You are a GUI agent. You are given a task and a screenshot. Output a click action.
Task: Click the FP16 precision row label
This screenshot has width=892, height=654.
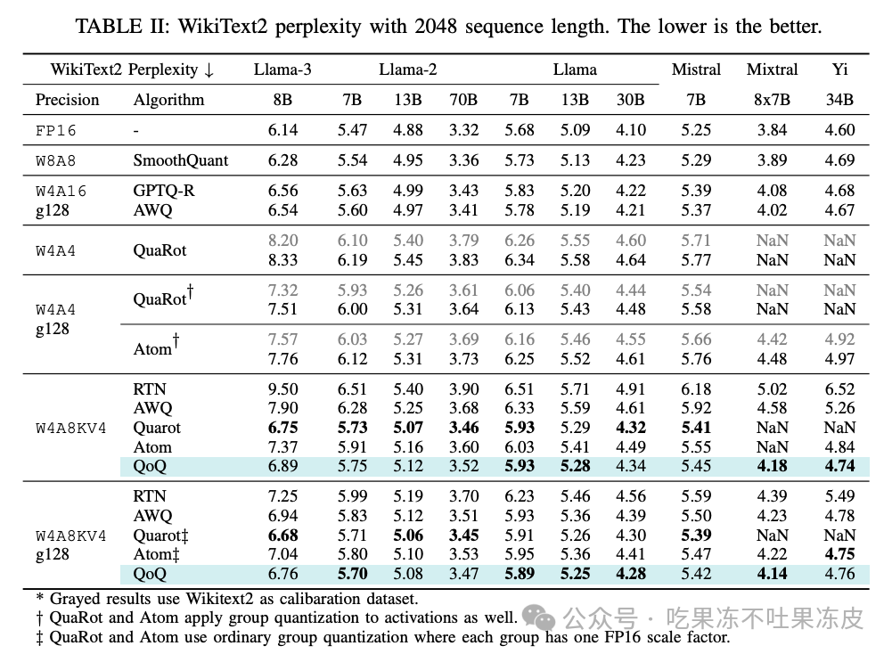(56, 130)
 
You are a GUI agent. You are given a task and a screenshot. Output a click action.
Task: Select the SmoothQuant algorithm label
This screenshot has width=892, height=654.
(180, 160)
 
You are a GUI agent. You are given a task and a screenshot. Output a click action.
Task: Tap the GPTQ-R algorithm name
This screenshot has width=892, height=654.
(167, 191)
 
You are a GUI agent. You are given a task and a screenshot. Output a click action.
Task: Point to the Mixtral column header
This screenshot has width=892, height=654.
(772, 69)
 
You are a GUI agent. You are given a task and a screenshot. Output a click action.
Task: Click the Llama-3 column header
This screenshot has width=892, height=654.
(282, 69)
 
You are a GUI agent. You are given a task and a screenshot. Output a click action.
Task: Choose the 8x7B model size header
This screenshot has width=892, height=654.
(772, 100)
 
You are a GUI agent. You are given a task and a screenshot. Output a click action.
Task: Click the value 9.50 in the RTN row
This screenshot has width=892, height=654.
(282, 389)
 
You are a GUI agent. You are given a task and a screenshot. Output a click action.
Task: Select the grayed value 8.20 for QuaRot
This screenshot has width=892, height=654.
(282, 241)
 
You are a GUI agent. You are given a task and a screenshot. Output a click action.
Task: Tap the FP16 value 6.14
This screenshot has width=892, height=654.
(282, 130)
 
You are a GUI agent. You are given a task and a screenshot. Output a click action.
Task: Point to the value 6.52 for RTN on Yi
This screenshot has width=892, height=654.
(840, 389)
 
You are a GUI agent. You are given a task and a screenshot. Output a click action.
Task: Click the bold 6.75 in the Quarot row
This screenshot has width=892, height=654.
(282, 428)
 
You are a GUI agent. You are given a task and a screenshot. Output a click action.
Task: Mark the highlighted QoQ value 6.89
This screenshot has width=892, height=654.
(282, 466)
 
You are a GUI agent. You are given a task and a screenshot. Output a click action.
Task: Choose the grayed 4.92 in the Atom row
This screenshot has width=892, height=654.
(840, 339)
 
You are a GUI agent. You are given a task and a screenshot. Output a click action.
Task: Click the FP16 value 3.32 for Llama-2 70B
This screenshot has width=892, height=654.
(463, 130)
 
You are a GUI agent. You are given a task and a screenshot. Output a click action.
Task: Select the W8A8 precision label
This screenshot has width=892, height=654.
(56, 160)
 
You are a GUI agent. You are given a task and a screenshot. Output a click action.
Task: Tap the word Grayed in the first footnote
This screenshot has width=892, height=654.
(75, 600)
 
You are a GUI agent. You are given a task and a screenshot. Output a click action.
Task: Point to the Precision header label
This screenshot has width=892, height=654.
(67, 100)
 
